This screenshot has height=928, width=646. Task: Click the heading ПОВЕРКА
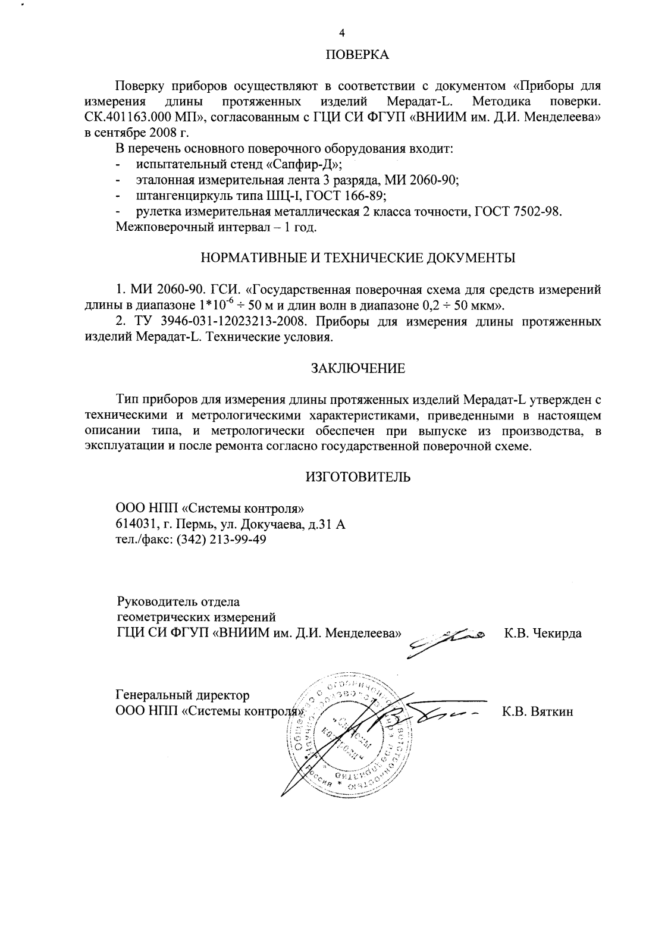tap(358, 55)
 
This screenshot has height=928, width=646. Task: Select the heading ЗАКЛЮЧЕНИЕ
tap(358, 368)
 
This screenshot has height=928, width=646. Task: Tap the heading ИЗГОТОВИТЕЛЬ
tap(358, 477)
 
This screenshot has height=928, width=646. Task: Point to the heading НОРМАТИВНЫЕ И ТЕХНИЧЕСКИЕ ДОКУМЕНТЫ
tap(358, 258)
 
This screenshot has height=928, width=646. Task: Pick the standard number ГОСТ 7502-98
tap(518, 211)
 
